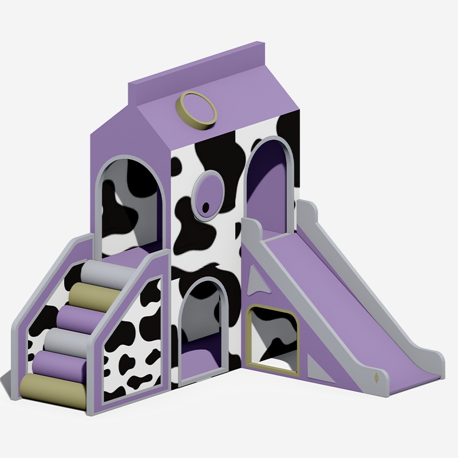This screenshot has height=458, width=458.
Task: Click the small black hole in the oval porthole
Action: (204, 207)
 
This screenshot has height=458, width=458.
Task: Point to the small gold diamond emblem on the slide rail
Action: (376, 378)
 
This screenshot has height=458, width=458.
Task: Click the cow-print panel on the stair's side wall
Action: (133, 343)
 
